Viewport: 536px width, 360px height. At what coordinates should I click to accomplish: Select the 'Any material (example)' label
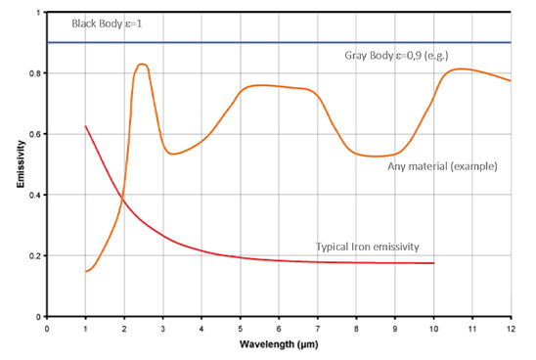[443, 166]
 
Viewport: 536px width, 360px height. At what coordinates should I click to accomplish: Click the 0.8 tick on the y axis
[38, 74]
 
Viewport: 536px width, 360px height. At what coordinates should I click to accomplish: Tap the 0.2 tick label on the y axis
[38, 256]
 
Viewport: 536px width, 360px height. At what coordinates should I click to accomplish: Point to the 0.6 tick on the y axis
[38, 135]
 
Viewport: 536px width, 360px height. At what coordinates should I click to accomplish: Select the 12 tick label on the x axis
[511, 330]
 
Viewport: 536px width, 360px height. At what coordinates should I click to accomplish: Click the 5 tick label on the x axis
[241, 330]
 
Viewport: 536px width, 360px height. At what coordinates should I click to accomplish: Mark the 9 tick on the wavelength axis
[395, 330]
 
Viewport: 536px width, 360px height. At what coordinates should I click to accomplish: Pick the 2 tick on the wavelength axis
[124, 330]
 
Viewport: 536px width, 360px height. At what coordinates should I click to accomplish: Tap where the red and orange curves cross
[123, 200]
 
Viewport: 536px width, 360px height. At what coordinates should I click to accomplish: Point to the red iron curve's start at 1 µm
[86, 126]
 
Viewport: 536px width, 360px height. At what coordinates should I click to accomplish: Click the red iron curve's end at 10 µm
[433, 263]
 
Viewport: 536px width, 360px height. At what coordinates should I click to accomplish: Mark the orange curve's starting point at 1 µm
[86, 271]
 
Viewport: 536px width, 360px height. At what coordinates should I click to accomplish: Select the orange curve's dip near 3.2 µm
[173, 154]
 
